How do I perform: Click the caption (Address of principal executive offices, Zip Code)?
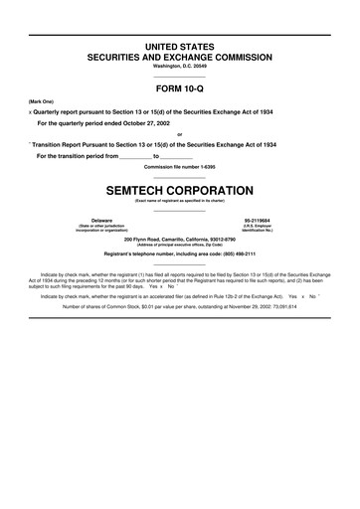point(179,246)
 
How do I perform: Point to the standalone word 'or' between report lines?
point(179,134)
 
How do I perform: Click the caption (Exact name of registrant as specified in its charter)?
point(179,201)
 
